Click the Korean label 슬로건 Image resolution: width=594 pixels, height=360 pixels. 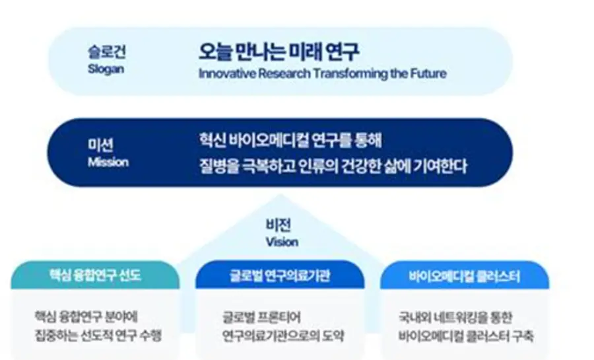coord(106,52)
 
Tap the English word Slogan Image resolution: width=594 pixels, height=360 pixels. coord(106,69)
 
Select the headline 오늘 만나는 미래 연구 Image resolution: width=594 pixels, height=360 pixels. coord(279,52)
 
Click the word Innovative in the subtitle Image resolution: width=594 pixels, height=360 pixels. coord(227,73)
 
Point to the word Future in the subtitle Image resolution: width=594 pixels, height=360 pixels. coord(428,73)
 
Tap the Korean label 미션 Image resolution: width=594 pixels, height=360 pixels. coord(100,145)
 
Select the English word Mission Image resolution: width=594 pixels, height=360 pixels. coord(108,162)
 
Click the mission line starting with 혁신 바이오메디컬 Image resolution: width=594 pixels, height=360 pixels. coord(290,140)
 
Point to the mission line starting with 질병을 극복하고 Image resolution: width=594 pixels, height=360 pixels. coord(333,166)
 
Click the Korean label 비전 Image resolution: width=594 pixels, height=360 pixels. coord(279,225)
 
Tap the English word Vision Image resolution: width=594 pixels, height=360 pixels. coord(282,242)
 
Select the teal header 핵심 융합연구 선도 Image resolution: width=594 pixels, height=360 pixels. coord(94,275)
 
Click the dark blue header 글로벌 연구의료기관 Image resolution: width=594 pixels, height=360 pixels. coord(280,275)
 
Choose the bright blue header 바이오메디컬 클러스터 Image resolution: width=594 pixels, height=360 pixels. coord(465,276)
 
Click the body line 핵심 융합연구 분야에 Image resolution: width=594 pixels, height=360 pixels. coord(86,316)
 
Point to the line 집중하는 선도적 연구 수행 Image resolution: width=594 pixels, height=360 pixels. coord(98,335)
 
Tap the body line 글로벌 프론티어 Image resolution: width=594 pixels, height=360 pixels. coord(261,317)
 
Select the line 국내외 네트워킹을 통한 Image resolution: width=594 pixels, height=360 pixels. coord(455,318)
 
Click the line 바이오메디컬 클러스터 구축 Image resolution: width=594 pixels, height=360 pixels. coord(466,336)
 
